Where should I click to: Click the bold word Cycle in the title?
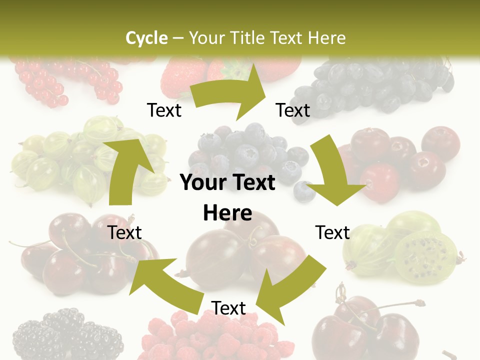point(146,38)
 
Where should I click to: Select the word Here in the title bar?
point(326,38)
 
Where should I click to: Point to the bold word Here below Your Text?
point(227,213)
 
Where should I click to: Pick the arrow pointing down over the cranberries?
point(333,173)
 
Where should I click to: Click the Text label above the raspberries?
point(228,308)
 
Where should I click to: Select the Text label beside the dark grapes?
point(293,110)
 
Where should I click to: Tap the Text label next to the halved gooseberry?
point(332,233)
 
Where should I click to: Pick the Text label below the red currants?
point(164,110)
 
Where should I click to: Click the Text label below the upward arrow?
point(125,233)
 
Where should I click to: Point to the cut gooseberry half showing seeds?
point(425,254)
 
